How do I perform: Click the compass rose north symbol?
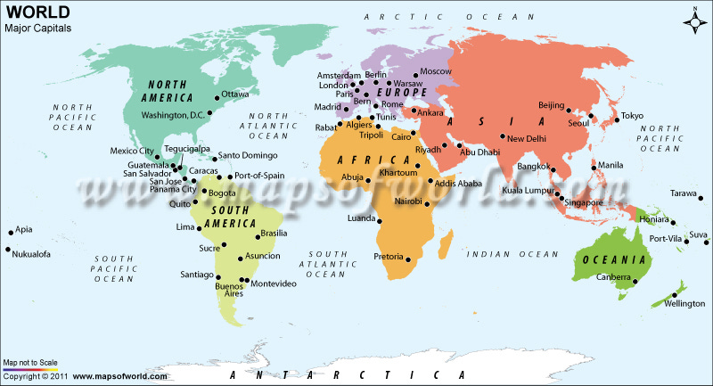[x=694, y=19]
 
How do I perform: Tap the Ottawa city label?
[x=235, y=94]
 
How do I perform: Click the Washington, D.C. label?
[x=174, y=115]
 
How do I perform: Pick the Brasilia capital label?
[x=274, y=234]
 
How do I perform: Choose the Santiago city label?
[x=196, y=274]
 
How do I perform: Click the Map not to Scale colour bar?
[x=31, y=369]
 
